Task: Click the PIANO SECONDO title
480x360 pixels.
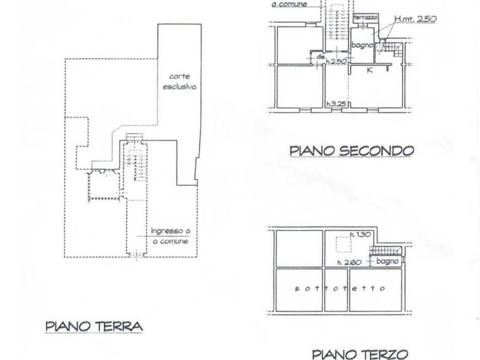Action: [351, 151]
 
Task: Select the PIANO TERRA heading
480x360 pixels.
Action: [93, 326]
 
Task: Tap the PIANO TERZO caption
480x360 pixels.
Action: [360, 353]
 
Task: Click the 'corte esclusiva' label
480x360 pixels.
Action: [180, 82]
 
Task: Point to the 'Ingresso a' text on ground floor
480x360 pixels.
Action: [170, 232]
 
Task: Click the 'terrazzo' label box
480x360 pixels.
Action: [366, 18]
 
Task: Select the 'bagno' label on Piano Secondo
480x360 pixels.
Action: [362, 45]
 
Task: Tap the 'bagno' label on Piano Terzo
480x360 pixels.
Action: [387, 261]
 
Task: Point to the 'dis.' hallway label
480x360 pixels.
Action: [320, 56]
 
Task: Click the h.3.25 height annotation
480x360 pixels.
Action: [335, 105]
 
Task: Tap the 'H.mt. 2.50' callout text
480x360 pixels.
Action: [415, 19]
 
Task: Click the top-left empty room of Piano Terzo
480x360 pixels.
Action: [299, 249]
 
